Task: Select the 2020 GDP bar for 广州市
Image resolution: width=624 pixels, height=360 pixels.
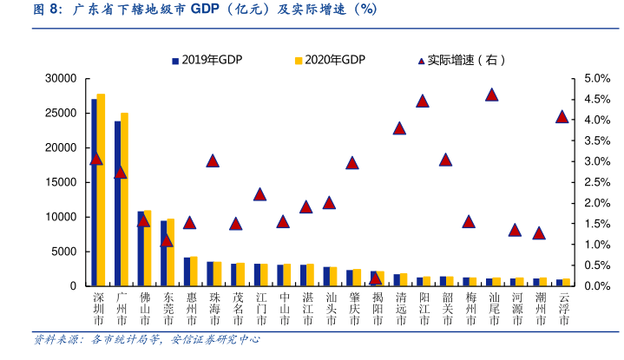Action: click(x=124, y=200)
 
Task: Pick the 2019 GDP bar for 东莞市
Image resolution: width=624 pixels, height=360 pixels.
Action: click(x=163, y=253)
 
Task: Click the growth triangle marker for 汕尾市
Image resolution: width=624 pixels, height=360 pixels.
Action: click(x=492, y=95)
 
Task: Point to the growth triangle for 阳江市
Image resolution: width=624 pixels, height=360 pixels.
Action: click(x=423, y=101)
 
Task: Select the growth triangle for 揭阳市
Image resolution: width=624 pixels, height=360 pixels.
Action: click(x=376, y=278)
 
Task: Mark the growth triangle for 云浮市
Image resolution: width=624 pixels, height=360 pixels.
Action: click(x=562, y=117)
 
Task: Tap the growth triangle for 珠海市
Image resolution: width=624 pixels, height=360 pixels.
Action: click(x=213, y=160)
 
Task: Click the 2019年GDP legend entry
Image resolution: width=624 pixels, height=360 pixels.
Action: click(x=207, y=60)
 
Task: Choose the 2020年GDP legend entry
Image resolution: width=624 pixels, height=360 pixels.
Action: click(x=330, y=60)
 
